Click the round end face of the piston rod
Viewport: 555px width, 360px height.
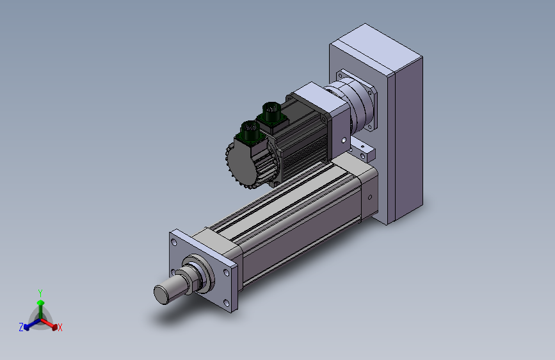(161, 295)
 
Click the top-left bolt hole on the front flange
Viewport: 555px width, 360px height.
(173, 242)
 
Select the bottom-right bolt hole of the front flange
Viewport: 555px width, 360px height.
(226, 303)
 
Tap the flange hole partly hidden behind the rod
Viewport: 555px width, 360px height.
(173, 272)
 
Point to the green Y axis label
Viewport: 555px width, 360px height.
(40, 293)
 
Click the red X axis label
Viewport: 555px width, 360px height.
(60, 328)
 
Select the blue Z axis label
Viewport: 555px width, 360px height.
(21, 327)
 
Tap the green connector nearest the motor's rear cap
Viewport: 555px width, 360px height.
(250, 132)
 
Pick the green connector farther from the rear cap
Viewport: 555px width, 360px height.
(271, 113)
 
